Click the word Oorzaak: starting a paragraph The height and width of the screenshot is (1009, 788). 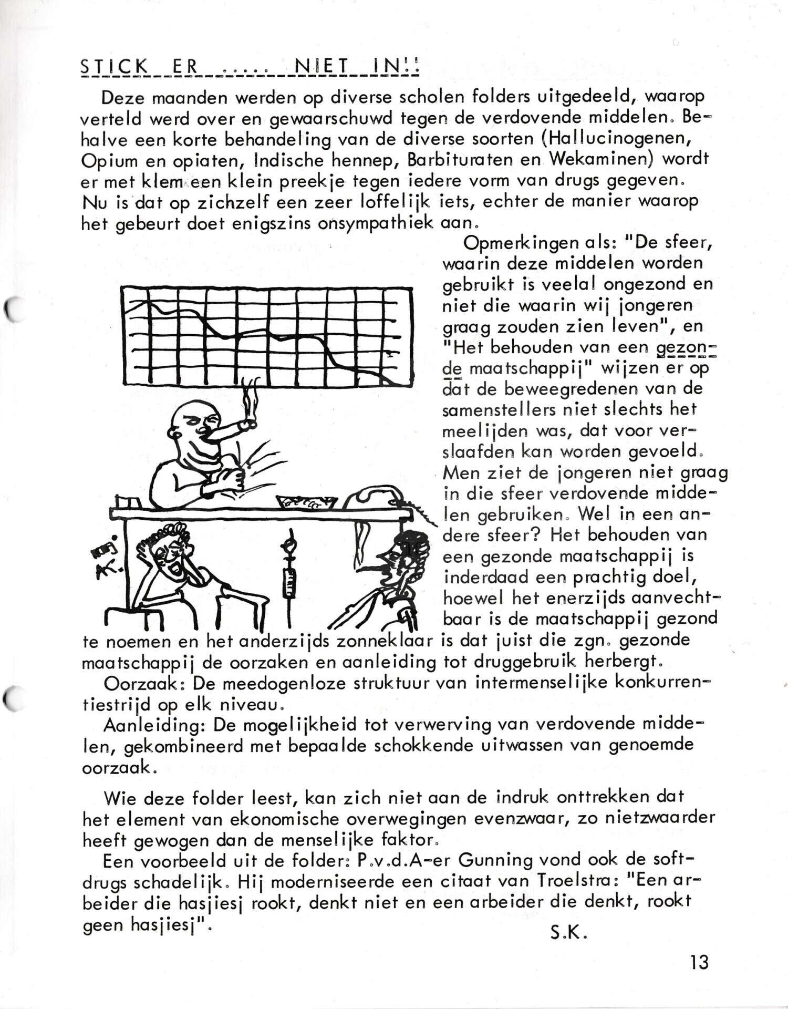143,684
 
